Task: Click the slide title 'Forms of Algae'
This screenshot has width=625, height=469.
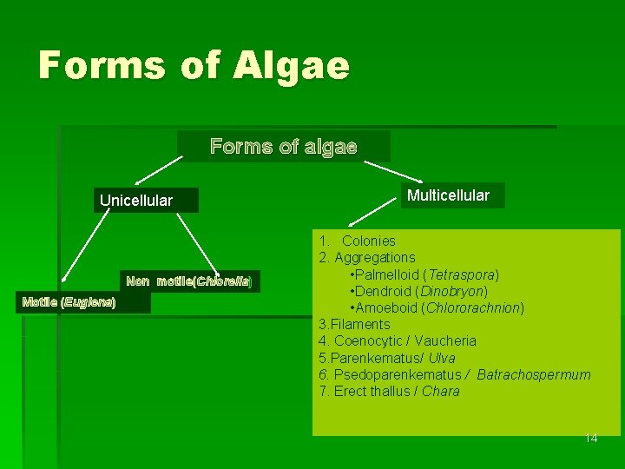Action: [x=194, y=67]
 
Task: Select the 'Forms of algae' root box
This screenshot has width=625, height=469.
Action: [x=283, y=147]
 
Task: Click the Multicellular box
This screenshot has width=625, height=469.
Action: [x=448, y=195]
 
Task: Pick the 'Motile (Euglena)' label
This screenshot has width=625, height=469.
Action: [x=69, y=302]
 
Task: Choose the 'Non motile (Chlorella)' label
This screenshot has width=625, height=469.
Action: [x=188, y=281]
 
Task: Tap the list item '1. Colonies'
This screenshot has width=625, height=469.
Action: [x=358, y=241]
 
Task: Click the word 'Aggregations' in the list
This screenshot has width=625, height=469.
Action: [x=375, y=257]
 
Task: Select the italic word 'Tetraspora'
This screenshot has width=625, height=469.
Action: [x=466, y=274]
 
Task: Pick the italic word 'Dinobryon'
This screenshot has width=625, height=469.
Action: [x=454, y=291]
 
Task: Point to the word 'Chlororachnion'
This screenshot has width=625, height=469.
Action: [x=472, y=307]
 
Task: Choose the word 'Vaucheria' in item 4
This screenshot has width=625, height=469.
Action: [x=445, y=340]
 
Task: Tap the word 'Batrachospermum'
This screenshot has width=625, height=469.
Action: [x=533, y=374]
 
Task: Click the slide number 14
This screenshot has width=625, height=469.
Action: [x=590, y=438]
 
